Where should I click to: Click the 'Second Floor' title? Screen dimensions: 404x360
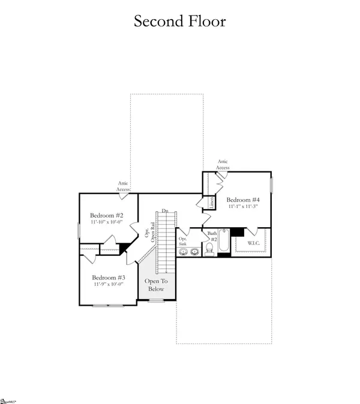[x=179, y=21]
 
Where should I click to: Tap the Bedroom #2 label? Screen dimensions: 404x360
[x=107, y=216]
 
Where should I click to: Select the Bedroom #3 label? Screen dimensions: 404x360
[x=108, y=278]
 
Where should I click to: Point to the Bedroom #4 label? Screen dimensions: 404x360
[x=243, y=200]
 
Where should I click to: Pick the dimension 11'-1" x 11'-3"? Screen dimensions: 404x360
[x=243, y=207]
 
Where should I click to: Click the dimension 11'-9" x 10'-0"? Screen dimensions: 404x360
[x=108, y=285]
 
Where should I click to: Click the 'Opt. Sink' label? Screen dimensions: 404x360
[x=183, y=242]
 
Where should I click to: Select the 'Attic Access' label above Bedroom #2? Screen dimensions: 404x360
[x=123, y=186]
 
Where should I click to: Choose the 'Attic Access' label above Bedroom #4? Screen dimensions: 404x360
[x=223, y=165]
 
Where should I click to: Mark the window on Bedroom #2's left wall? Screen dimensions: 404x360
[x=78, y=231]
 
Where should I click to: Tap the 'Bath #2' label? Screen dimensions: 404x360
[x=212, y=236]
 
